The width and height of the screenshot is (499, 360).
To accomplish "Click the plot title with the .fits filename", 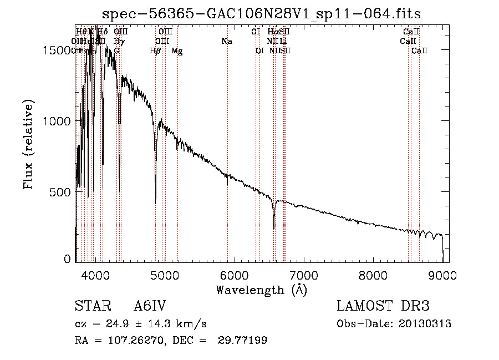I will (x=262, y=14).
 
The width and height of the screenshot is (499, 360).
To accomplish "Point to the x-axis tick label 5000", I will (x=165, y=275).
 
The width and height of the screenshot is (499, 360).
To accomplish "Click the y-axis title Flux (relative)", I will (x=29, y=145).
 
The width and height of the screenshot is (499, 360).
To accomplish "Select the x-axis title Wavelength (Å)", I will (x=261, y=290).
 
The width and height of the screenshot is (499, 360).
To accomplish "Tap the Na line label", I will (x=226, y=42).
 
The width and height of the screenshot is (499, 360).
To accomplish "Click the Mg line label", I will (x=177, y=51).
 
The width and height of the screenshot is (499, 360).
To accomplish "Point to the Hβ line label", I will (x=155, y=51).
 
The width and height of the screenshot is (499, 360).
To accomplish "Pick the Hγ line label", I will (x=118, y=42).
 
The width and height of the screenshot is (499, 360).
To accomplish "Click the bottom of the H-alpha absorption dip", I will (x=274, y=228).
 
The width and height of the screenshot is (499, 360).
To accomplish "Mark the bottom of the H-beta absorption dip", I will (x=156, y=198).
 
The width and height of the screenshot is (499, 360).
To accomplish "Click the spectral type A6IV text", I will (x=150, y=306).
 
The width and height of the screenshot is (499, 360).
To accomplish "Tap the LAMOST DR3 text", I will (x=383, y=306).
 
